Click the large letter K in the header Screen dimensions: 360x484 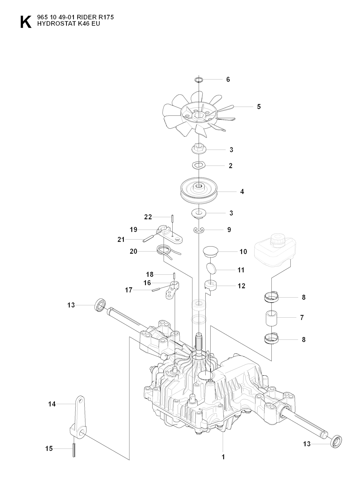tap(26, 22)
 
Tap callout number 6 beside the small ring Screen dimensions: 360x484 tap(228, 79)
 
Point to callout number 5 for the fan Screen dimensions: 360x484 tap(259, 107)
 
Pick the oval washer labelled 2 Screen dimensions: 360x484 tap(199, 166)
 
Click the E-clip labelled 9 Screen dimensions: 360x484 tap(199, 230)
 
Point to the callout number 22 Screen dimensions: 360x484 tap(148, 217)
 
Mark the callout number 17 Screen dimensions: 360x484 tap(129, 290)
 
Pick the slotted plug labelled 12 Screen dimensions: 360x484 tap(210, 285)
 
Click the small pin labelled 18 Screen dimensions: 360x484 tap(174, 276)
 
